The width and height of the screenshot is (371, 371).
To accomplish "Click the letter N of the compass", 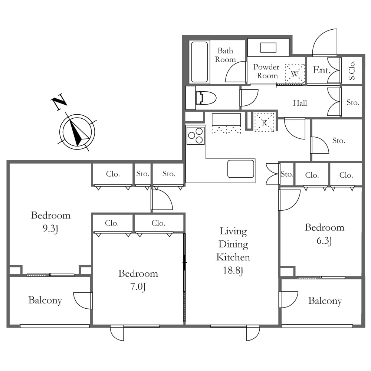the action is point(59,102).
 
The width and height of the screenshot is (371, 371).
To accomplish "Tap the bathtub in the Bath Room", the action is point(199,62).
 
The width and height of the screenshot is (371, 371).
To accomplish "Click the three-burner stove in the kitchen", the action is point(196,136).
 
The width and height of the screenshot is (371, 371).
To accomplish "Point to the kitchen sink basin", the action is point(241,169).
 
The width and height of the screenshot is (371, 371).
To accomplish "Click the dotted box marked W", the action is point(295,73).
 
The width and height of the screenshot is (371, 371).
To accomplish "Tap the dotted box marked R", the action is point(264,122).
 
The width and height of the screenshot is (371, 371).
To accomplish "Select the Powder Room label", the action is point(266,71).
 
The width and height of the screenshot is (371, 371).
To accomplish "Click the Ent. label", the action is point(322,70).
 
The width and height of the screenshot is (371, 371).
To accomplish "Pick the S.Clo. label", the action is point(352,70).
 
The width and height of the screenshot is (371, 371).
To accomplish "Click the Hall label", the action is point(300,103).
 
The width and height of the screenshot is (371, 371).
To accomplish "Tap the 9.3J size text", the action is point(50,229).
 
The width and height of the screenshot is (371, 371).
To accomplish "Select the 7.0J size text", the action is point(138,287).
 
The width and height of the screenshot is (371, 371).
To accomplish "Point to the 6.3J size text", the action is point(324,241).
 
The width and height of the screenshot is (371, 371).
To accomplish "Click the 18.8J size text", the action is point(233,270).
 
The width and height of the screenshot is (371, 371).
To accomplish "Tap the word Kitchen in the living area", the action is point(233,257).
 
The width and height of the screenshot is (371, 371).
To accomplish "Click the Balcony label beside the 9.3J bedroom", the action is point(45,301).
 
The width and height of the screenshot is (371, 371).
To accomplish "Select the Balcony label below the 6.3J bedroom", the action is point(325,301).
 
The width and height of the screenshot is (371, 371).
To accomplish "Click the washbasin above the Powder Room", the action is point(268,47).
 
